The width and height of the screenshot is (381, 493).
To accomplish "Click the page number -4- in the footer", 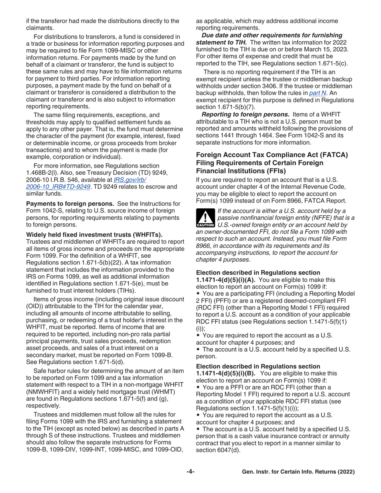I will pyautogui.click(x=190, y=472).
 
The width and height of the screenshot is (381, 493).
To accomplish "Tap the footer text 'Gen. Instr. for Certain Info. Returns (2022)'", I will pyautogui.click(x=298, y=472).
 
